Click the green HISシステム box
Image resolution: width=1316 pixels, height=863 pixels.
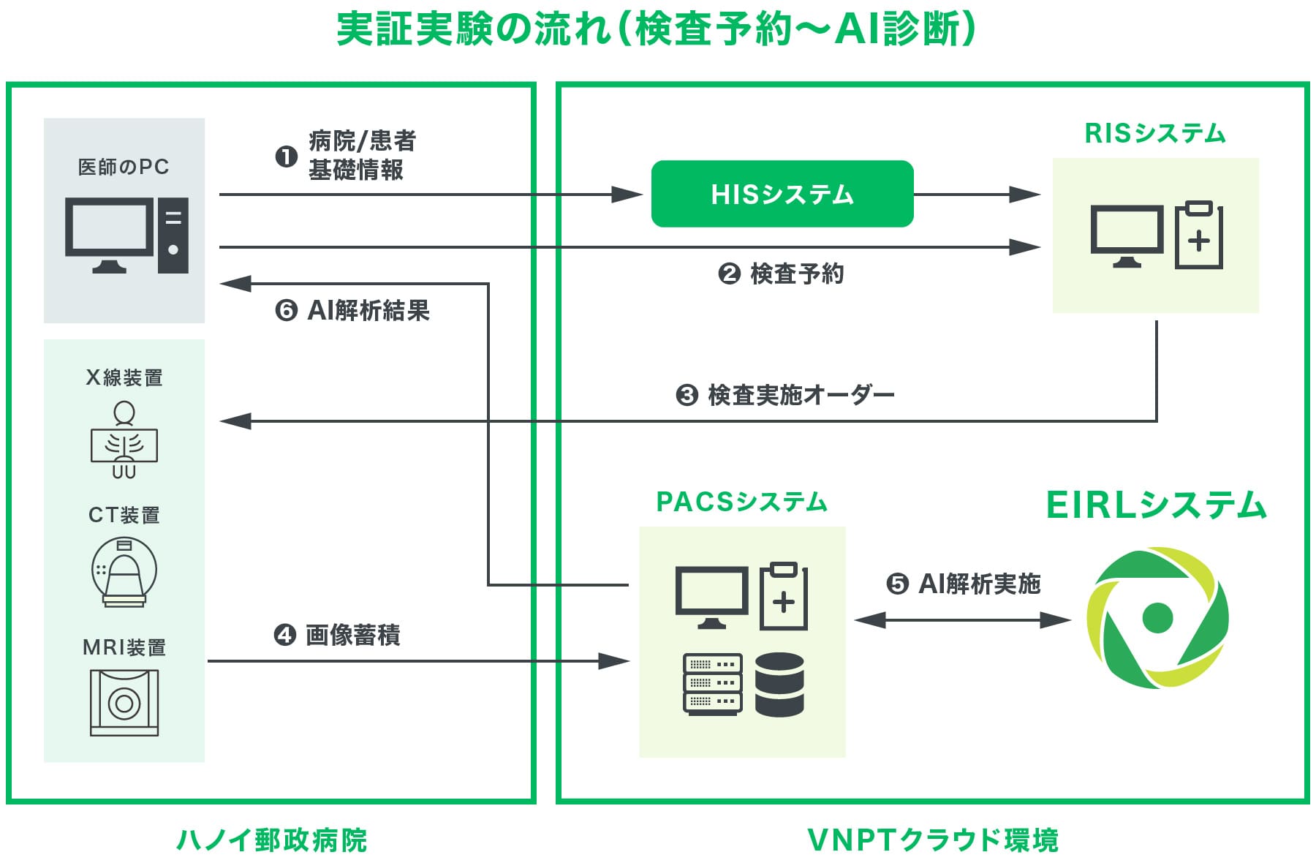pyautogui.click(x=782, y=194)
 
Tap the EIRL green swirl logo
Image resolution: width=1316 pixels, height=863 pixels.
pyautogui.click(x=1157, y=618)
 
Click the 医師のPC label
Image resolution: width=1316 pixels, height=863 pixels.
pyautogui.click(x=124, y=167)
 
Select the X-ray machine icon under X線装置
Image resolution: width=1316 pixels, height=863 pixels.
pyautogui.click(x=124, y=441)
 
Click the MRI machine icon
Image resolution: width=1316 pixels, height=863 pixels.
pyautogui.click(x=124, y=703)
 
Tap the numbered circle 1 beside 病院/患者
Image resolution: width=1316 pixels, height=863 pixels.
pyautogui.click(x=286, y=157)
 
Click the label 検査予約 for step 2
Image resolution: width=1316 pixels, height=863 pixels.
pyautogui.click(x=797, y=274)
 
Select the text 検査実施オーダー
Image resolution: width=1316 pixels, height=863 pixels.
pyautogui.click(x=801, y=396)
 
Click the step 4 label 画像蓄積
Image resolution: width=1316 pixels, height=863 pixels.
pyautogui.click(x=352, y=636)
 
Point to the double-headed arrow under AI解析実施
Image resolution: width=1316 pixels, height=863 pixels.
pyautogui.click(x=962, y=621)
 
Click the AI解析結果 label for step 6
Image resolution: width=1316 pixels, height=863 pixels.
pyautogui.click(x=368, y=311)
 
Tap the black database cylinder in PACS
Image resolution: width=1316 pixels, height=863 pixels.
pyautogui.click(x=779, y=685)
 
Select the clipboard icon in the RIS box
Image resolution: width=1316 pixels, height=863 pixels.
pyautogui.click(x=1198, y=235)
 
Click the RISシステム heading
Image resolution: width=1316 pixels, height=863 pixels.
pyautogui.click(x=1155, y=133)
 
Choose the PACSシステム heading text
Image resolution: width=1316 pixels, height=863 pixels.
pyautogui.click(x=741, y=502)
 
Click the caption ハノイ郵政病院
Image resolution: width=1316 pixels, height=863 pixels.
pyautogui.click(x=271, y=840)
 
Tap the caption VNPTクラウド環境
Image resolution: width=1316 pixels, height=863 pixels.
pyautogui.click(x=933, y=840)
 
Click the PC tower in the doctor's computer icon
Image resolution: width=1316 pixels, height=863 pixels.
pyautogui.click(x=173, y=235)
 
